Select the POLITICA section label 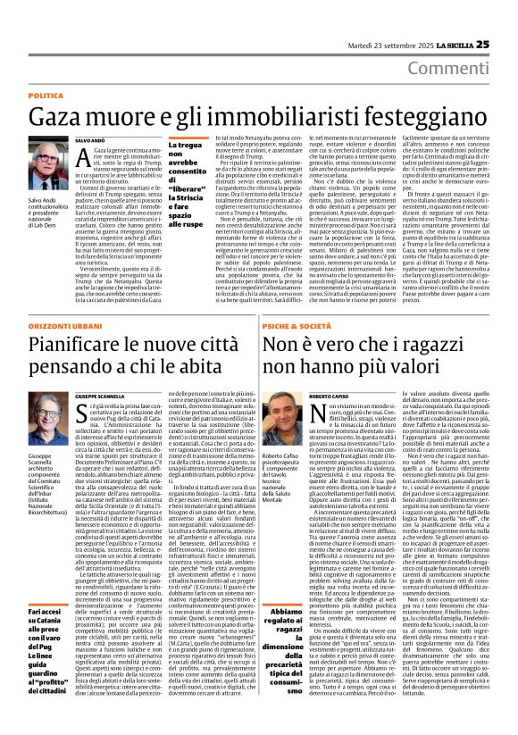46,95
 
